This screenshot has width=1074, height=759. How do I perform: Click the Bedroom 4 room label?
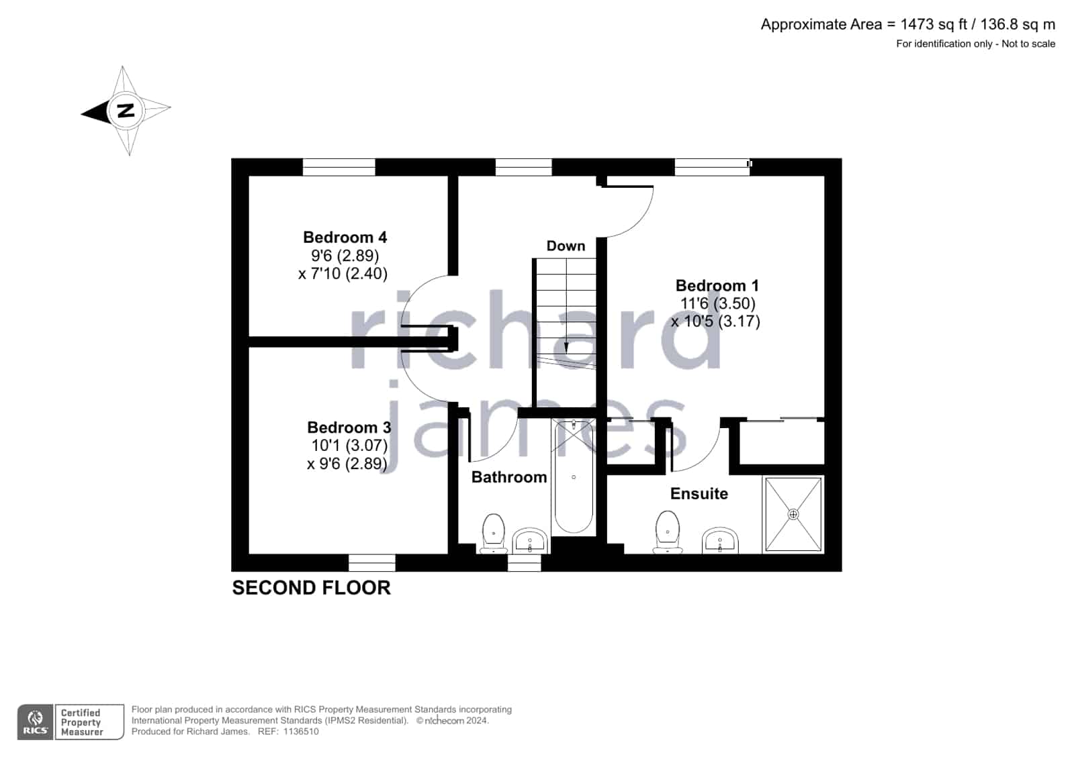(345, 237)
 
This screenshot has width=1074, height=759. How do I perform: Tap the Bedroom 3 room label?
(349, 427)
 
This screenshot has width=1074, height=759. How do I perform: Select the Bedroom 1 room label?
(717, 286)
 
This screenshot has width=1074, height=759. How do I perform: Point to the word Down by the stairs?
(566, 246)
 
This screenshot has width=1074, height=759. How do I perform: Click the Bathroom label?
(509, 477)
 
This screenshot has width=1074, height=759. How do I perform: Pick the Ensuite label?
(699, 493)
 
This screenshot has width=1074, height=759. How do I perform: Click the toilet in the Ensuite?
(668, 532)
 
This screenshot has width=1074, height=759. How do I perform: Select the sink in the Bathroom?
(530, 540)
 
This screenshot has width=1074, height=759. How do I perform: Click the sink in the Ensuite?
(720, 540)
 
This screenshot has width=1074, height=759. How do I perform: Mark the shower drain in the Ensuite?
(793, 515)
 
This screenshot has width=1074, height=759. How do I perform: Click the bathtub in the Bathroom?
(574, 476)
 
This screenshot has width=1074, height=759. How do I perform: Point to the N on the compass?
(126, 111)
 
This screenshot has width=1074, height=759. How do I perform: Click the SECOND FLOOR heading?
(311, 588)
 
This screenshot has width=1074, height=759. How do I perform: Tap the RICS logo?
(36, 722)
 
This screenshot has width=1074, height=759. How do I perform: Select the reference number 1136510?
(301, 731)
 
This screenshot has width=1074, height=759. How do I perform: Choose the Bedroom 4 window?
(339, 167)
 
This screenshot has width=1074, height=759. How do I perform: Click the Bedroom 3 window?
(372, 562)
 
